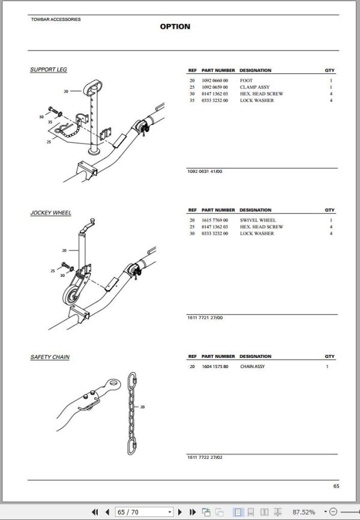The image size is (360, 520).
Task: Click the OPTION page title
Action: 175,26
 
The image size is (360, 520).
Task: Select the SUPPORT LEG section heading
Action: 49,70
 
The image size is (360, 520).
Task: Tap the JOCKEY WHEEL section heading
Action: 51,213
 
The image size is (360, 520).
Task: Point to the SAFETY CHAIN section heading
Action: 50,357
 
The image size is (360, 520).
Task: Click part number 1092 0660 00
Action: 215,80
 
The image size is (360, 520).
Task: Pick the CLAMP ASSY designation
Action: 254,87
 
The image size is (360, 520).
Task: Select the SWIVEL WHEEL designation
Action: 257,220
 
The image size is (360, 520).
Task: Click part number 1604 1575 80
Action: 215,366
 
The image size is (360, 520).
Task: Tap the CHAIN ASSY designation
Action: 252,366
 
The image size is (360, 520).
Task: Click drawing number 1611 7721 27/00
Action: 205,318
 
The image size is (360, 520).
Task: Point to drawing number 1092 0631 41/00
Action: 205,172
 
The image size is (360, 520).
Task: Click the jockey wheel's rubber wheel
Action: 71,295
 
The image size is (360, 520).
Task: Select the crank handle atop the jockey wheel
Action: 87,226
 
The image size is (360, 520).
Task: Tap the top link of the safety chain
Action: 132,379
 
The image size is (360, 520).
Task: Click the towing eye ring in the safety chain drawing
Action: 113,385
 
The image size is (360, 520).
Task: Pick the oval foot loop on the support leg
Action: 92,88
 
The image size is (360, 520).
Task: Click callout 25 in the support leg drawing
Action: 49,142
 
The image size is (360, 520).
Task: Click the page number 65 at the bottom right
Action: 336,486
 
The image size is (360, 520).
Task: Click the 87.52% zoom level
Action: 304,512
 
